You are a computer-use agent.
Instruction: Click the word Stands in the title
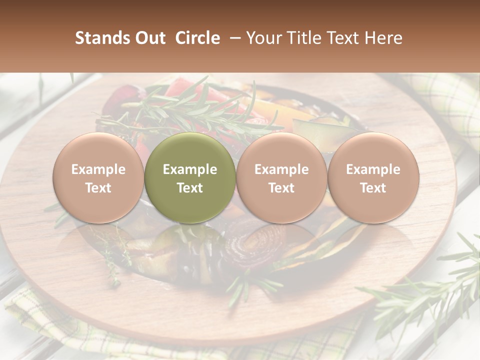(x=101, y=38)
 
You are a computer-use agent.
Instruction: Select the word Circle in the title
(x=197, y=38)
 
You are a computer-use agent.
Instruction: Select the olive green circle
(x=190, y=177)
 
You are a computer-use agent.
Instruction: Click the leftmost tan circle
(x=98, y=177)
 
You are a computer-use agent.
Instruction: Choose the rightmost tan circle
(x=373, y=177)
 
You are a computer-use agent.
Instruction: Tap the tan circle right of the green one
(x=281, y=177)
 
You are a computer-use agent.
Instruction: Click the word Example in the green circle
(x=190, y=169)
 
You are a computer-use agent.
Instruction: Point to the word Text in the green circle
(x=190, y=188)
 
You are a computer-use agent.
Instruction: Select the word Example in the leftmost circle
(x=98, y=169)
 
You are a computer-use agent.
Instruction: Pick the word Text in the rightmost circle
(x=373, y=188)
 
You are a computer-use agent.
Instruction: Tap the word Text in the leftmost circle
(x=98, y=188)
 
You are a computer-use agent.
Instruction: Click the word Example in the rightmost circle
(x=373, y=169)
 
